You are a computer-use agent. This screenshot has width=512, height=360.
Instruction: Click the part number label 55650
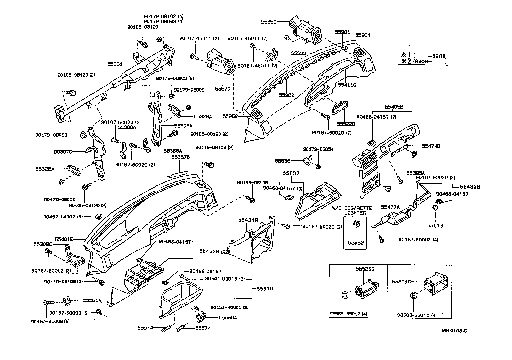(x=268, y=22)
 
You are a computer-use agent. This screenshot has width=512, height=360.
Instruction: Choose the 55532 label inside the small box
(x=356, y=243)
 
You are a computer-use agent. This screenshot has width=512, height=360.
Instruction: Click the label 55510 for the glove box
(x=265, y=289)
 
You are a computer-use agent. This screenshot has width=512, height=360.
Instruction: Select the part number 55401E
(x=64, y=239)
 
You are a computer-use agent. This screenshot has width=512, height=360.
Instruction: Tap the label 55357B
(x=181, y=157)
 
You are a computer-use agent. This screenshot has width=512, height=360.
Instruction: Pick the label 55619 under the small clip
(x=435, y=225)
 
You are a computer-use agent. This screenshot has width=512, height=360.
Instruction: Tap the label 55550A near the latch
(x=228, y=318)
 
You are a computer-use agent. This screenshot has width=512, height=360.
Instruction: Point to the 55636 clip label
(x=282, y=161)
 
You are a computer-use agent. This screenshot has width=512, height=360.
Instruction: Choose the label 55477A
(x=389, y=207)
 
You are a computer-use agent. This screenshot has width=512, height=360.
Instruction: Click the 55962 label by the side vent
(x=230, y=116)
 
